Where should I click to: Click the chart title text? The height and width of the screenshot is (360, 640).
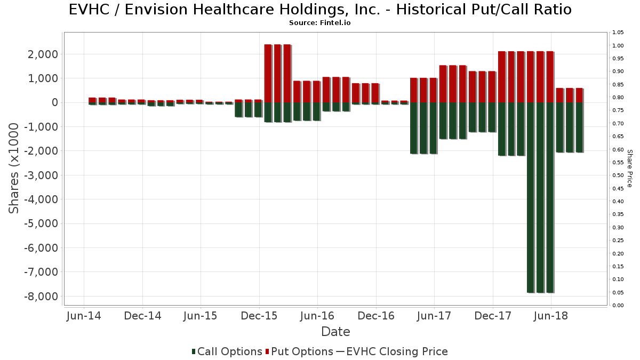pos(320,10)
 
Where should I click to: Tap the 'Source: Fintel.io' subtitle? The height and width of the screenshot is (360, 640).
pos(320,23)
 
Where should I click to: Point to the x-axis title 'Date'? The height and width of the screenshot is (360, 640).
pos(335,332)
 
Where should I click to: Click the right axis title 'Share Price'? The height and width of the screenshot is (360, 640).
pos(629,168)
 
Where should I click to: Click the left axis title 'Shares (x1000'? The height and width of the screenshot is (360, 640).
pos(14,168)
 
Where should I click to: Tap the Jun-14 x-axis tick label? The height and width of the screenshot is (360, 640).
pos(84,316)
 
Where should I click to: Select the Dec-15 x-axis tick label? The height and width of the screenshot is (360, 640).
pos(259,316)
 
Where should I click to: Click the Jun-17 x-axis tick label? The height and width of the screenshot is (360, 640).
pos(434,316)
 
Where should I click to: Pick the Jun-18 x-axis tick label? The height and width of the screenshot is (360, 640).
pos(551,316)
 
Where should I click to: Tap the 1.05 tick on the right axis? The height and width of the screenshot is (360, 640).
pos(618,33)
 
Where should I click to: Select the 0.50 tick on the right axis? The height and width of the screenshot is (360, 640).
pos(618,175)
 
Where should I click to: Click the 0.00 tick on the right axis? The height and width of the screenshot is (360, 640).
pos(618,306)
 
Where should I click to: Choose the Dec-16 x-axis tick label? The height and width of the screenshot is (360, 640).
pos(376,316)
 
